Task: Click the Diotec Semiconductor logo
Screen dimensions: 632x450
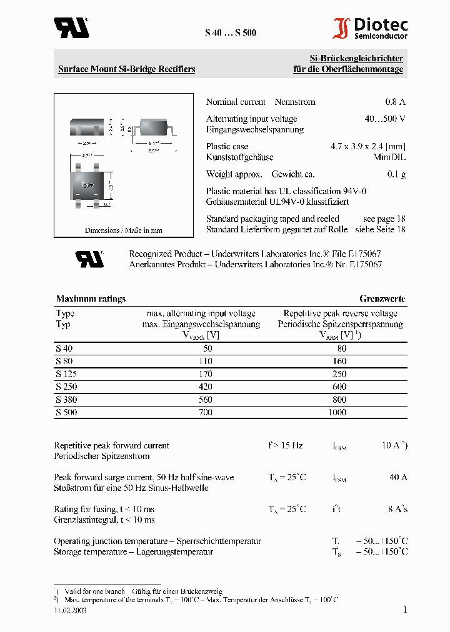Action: point(371,29)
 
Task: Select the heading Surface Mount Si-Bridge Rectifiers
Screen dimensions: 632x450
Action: point(126,69)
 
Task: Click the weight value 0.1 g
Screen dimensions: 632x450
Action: point(396,174)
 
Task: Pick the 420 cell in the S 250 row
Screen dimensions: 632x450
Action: point(204,387)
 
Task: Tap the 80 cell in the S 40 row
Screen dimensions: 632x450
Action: point(341,348)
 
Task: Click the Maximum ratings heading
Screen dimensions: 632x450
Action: point(91,299)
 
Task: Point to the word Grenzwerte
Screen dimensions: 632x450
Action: point(382,299)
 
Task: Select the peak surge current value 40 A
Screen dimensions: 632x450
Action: point(398,477)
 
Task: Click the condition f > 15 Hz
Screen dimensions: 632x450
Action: point(286,445)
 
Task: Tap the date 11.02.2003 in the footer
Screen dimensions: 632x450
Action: point(70,611)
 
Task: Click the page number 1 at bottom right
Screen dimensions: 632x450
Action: point(405,610)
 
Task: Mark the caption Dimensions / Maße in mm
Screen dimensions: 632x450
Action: point(123,230)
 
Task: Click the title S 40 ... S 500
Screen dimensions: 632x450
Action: point(230,32)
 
